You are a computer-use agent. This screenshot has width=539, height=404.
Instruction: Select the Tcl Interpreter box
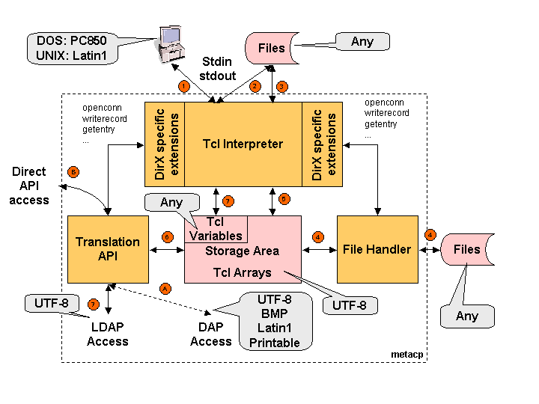point(243,144)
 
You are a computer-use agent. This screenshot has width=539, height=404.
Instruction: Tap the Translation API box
point(108,249)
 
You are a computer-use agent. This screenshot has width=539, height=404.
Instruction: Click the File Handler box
point(377,249)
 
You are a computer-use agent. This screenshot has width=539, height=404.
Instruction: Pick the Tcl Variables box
point(216,229)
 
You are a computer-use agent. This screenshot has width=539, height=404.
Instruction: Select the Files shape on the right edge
point(467,249)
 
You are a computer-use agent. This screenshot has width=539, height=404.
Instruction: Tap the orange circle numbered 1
point(183,87)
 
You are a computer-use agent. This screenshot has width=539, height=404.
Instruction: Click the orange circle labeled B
point(73,171)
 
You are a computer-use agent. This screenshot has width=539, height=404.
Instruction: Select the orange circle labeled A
point(165,287)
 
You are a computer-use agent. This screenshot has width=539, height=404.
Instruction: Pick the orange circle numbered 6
point(167,236)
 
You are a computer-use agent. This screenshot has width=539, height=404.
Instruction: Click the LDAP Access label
point(108,334)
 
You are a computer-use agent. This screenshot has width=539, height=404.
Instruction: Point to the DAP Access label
point(210,334)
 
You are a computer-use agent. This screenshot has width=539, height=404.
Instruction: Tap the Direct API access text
point(29,186)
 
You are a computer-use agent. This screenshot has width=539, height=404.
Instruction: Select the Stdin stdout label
point(218,69)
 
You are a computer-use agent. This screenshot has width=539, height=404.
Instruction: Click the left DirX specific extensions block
point(164,144)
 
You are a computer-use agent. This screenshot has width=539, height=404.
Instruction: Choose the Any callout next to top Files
point(362,42)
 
